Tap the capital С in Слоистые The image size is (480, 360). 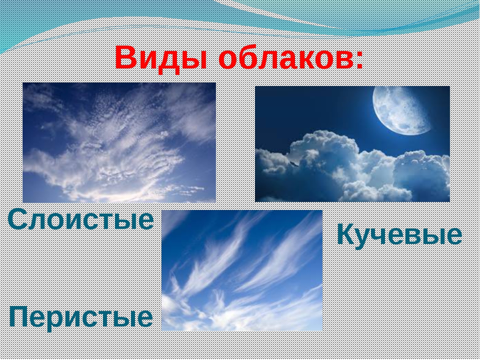coord(19,219)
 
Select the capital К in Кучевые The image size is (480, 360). coord(347,234)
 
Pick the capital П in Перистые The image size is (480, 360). coord(20,317)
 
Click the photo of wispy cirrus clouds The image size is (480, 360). coord(242,270)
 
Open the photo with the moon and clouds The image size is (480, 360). coord(352,144)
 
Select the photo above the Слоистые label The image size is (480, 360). coord(119,142)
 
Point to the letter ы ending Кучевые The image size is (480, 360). coord(432,237)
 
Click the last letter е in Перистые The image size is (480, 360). coord(144,319)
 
